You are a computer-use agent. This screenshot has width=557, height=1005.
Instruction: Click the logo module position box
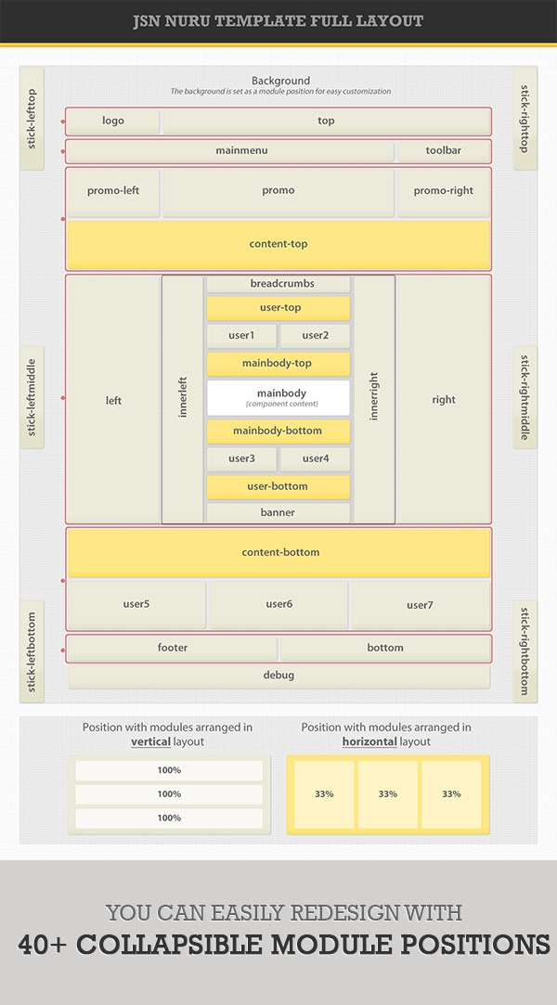coord(113,121)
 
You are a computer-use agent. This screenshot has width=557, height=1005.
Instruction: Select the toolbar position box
coord(444,150)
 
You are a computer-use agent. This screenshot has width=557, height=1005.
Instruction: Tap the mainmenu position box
coord(230,150)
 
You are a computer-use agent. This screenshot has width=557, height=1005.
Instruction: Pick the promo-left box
coord(113,191)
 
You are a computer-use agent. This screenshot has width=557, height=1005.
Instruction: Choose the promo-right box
coord(444,191)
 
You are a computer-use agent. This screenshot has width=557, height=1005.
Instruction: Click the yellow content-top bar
coord(278,244)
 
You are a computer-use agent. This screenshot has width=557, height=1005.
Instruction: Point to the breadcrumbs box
coord(278,284)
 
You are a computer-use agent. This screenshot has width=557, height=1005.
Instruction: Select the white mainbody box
coord(278,397)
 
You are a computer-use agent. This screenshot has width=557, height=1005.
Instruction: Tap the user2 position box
coord(316,336)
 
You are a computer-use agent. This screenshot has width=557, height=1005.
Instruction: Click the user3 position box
coord(241,458)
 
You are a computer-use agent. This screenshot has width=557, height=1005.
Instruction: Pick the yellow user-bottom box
coord(278,486)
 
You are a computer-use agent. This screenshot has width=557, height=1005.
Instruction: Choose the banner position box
coord(278,512)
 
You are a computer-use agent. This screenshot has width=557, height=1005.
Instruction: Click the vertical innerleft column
coord(183,399)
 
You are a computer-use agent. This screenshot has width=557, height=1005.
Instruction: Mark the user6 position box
coord(278,605)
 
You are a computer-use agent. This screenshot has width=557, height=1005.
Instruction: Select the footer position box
coord(173,648)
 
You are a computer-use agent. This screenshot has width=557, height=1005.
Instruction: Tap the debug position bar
coord(278,676)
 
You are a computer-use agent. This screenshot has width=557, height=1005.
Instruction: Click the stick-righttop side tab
coord(525,118)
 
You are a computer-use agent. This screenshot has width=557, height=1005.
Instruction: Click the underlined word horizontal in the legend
coord(369,742)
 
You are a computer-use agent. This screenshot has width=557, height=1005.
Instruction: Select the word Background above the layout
coord(280,81)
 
